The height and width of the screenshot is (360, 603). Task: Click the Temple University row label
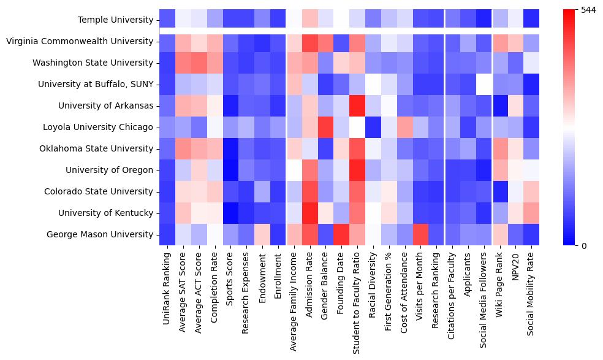(x=115, y=20)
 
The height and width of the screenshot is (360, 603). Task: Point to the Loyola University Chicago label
(x=98, y=127)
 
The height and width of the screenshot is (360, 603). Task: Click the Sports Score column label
(x=230, y=278)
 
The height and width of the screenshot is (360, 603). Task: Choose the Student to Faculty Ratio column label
(x=358, y=300)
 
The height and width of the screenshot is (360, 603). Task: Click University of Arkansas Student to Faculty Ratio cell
(x=358, y=105)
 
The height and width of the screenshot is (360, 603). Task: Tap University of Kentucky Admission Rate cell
(x=310, y=213)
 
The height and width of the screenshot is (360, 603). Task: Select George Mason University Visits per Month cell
(x=421, y=234)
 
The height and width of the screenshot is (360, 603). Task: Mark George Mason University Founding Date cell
(x=342, y=234)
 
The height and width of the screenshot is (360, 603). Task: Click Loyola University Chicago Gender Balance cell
(x=326, y=127)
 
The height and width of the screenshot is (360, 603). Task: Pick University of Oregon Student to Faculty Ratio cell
(x=358, y=170)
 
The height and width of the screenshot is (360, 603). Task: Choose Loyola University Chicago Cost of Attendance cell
(x=405, y=127)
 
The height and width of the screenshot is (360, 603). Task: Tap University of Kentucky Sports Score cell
(x=230, y=213)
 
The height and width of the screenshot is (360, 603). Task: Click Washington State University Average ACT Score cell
(x=199, y=63)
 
